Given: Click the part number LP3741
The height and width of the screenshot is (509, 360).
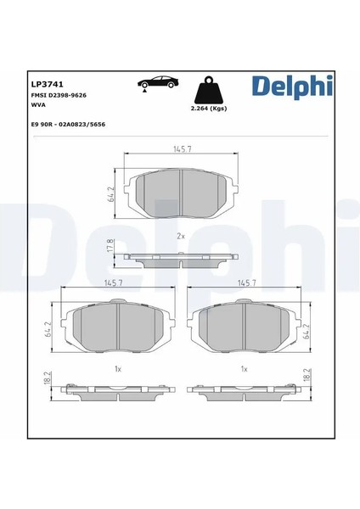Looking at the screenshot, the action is tap(47, 84).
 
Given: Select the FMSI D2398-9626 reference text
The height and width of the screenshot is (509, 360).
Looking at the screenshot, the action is tap(59, 95).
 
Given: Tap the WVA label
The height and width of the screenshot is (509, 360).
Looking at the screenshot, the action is tap(38, 105).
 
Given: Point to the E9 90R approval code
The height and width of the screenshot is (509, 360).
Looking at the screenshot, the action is tap(68, 125).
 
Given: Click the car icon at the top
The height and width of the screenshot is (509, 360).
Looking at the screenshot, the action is tap(158, 84).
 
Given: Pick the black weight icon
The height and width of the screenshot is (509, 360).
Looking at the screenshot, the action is tap(208, 90).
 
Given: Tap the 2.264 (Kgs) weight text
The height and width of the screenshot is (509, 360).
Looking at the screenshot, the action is tap(209, 109).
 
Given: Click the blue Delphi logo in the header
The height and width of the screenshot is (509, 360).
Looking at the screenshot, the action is tap(292, 86).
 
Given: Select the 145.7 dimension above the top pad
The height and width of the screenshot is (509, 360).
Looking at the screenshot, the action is tap(183, 149).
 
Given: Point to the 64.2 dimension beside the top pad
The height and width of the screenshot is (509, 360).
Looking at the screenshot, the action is tap(110, 194).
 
